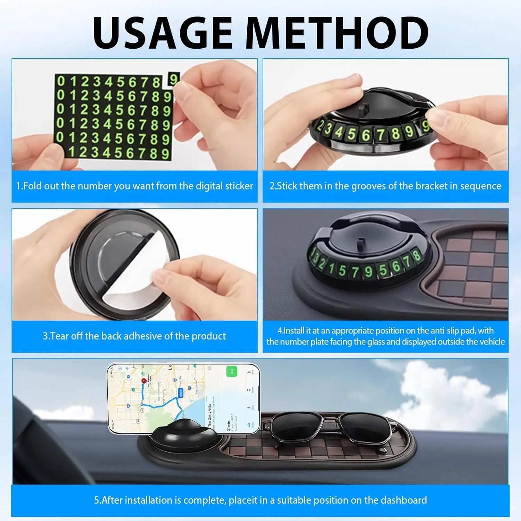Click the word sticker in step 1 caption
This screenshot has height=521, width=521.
(x=239, y=186)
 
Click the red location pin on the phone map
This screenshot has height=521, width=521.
(x=143, y=381)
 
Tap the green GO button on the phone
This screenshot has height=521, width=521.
(x=231, y=371)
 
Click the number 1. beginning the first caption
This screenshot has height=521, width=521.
(x=19, y=186)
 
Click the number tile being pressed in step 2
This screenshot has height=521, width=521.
(x=425, y=127)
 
